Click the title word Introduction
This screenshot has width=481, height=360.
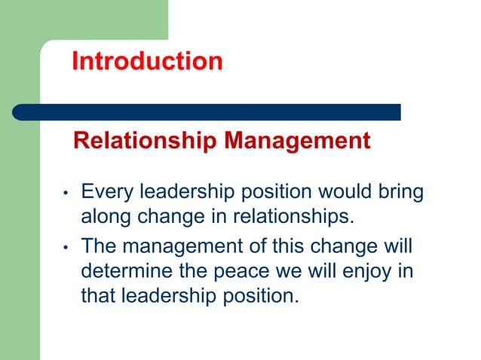(147, 61)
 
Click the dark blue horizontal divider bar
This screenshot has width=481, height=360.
(207, 112)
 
